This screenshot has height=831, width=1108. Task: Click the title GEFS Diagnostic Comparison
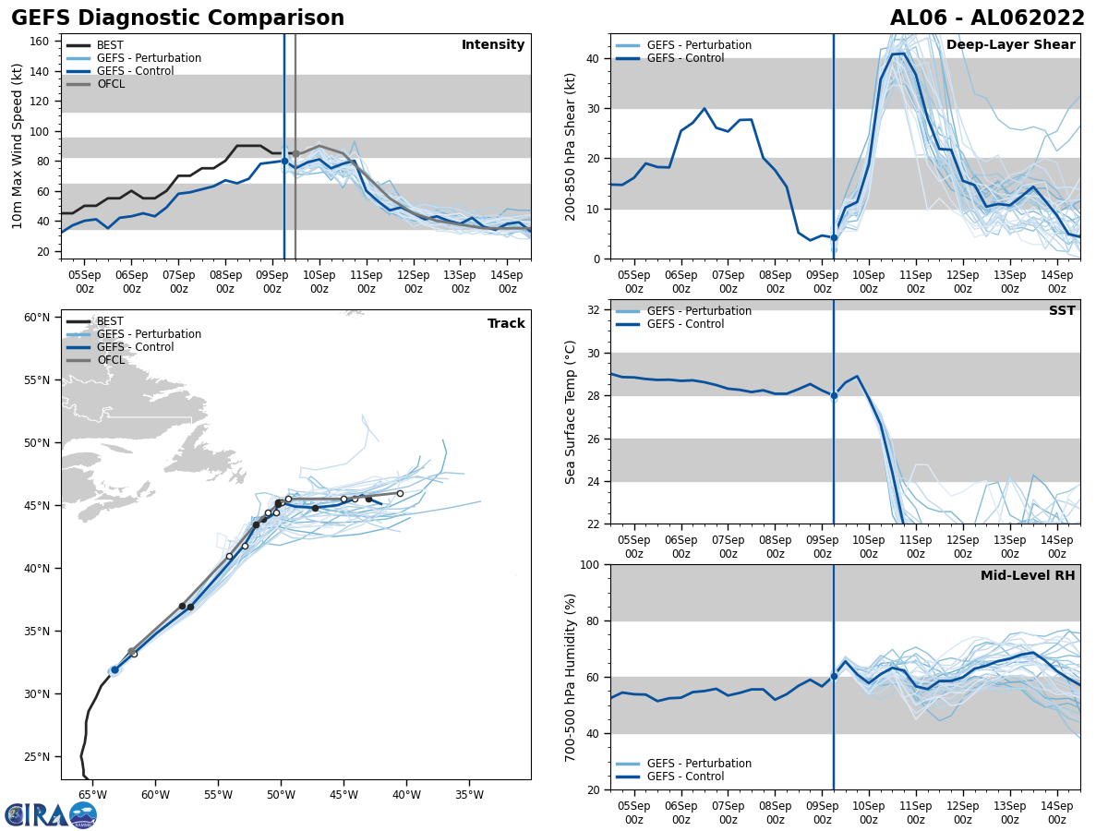coord(177,18)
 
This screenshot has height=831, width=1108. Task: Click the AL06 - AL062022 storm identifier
coord(987,18)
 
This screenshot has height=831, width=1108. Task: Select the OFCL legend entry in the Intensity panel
coord(110,84)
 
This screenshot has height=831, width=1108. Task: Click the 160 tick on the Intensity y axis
coord(42,42)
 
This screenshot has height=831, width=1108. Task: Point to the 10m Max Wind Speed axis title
coord(18,146)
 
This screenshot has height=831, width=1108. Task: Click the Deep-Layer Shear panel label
coord(1011,45)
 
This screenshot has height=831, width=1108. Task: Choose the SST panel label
coord(1062,311)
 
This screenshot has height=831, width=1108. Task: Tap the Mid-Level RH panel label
coord(1028,576)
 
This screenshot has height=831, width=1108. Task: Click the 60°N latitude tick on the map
coord(37,318)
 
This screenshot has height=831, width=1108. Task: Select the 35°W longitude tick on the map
coord(469,794)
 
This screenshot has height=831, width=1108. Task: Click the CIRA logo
coord(51,814)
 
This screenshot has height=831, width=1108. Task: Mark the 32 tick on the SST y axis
coord(595,310)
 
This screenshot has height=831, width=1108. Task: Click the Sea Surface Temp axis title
coord(571,412)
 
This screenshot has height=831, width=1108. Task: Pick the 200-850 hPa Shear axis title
coord(571,147)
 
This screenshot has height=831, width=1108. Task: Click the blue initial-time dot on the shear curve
coord(834,237)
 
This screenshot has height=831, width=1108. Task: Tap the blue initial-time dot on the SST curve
coord(834,395)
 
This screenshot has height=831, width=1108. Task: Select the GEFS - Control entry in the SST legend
coord(685,324)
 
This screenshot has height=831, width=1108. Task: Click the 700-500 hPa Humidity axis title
coord(571,677)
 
